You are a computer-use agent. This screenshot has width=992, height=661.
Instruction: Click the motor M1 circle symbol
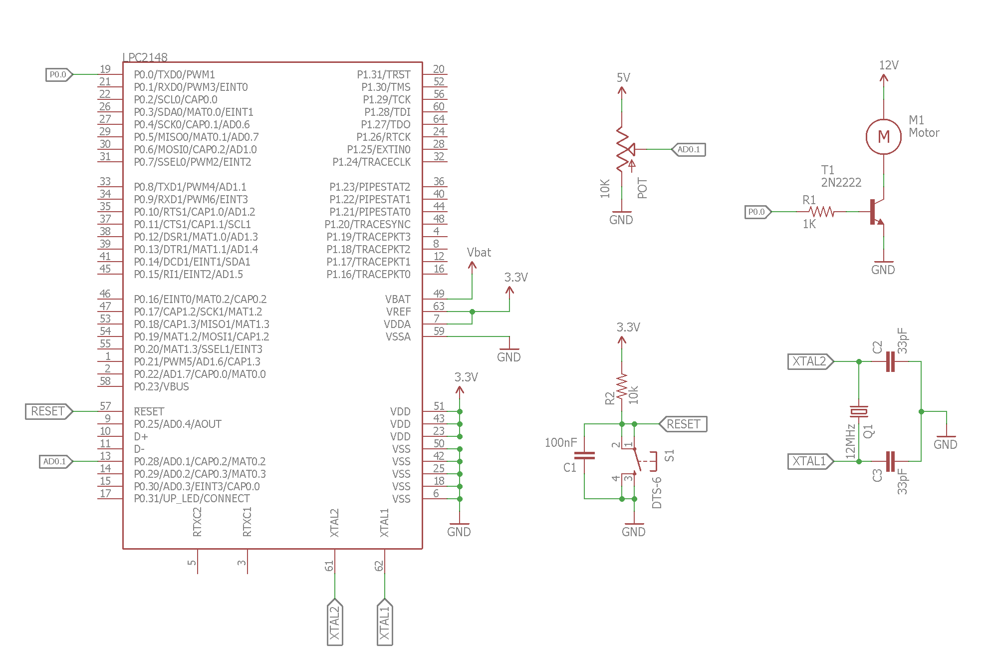(883, 136)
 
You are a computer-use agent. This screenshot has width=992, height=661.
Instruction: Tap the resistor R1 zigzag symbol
(822, 212)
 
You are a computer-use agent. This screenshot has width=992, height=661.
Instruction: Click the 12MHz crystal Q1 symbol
(859, 411)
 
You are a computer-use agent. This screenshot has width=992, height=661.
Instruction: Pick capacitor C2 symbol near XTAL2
(890, 361)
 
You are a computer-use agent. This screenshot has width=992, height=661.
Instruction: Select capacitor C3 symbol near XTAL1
(890, 461)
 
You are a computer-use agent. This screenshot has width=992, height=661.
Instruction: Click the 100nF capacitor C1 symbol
(584, 455)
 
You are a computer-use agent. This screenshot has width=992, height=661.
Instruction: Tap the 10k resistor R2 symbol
(622, 387)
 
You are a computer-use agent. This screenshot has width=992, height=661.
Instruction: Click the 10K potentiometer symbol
(623, 149)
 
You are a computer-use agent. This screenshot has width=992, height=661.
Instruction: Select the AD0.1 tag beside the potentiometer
(689, 149)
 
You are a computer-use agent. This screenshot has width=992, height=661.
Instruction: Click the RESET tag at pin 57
(48, 411)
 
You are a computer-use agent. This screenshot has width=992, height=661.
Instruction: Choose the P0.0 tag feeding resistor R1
(757, 212)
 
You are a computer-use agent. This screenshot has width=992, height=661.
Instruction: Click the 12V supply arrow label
(888, 65)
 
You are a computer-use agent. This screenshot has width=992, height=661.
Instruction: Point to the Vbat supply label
(479, 253)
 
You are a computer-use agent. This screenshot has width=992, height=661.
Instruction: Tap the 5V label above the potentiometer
(623, 78)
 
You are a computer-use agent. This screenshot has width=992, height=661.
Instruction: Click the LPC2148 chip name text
(145, 57)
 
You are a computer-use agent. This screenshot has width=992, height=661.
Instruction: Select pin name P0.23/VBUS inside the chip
(161, 386)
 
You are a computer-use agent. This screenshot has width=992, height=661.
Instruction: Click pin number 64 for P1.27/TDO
(439, 119)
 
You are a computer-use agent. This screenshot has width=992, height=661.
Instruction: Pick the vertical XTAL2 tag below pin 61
(334, 622)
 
